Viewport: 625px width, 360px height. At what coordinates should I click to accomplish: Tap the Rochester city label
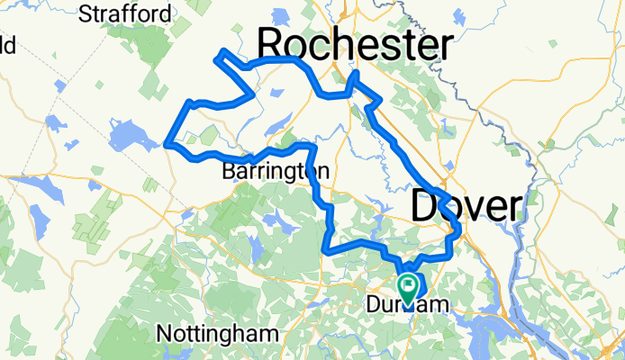tap(356, 44)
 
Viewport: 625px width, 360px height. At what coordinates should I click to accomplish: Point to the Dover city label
tap(466, 206)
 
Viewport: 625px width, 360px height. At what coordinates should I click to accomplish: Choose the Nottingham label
tap(217, 333)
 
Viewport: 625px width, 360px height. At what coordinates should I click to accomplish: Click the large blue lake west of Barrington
tap(126, 136)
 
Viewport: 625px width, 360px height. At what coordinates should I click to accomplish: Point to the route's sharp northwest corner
tap(215, 59)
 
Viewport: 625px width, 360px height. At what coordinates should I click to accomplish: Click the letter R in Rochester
tap(274, 44)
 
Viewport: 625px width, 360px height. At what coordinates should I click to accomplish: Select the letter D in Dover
tap(425, 206)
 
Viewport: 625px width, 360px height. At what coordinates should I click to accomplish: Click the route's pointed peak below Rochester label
tap(357, 73)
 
